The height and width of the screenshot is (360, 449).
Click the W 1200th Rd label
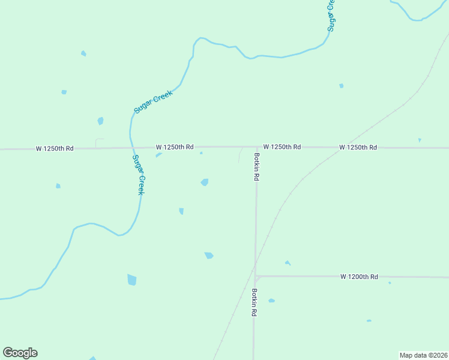(359, 277)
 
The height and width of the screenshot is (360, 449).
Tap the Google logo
(20, 353)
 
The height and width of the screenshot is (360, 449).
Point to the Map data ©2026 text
(423, 355)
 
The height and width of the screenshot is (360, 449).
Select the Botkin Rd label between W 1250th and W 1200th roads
(256, 167)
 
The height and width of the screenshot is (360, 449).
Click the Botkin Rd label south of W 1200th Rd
(255, 303)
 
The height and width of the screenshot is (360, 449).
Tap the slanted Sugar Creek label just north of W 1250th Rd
(153, 101)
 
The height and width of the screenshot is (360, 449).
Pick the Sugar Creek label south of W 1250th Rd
(138, 175)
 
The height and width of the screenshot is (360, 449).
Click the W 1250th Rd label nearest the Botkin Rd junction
(282, 147)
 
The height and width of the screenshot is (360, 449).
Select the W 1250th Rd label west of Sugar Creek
(55, 148)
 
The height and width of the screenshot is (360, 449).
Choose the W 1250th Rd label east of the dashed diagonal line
(358, 147)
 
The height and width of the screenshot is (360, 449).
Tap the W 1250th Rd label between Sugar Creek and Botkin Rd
(175, 147)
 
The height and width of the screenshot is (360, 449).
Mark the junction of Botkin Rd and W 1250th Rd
(257, 147)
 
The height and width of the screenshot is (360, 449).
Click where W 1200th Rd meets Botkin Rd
(256, 277)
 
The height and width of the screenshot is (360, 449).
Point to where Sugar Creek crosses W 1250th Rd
(130, 148)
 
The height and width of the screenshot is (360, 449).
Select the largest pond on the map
(132, 280)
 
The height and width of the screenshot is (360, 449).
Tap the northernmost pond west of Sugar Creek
(83, 53)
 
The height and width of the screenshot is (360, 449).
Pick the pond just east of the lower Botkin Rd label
(271, 301)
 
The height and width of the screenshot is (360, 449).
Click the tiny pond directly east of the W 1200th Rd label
(390, 283)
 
